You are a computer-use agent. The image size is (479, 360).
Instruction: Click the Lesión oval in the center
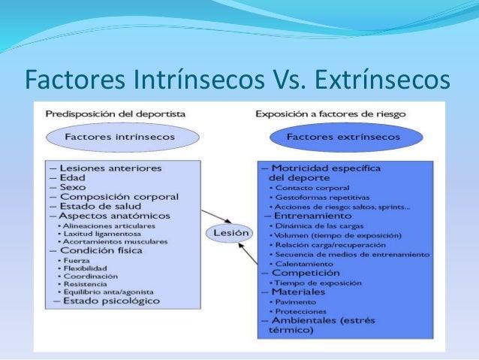(228, 233)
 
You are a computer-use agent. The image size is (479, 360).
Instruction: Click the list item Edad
(72, 177)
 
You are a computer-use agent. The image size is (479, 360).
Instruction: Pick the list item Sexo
(72, 187)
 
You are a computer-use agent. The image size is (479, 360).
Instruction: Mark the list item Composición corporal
(119, 197)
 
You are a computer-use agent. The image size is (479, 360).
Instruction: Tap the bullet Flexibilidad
(86, 268)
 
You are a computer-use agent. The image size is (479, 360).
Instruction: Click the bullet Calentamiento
(304, 264)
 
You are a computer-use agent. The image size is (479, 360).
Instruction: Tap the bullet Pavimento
(297, 301)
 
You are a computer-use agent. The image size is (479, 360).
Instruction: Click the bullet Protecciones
(301, 310)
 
